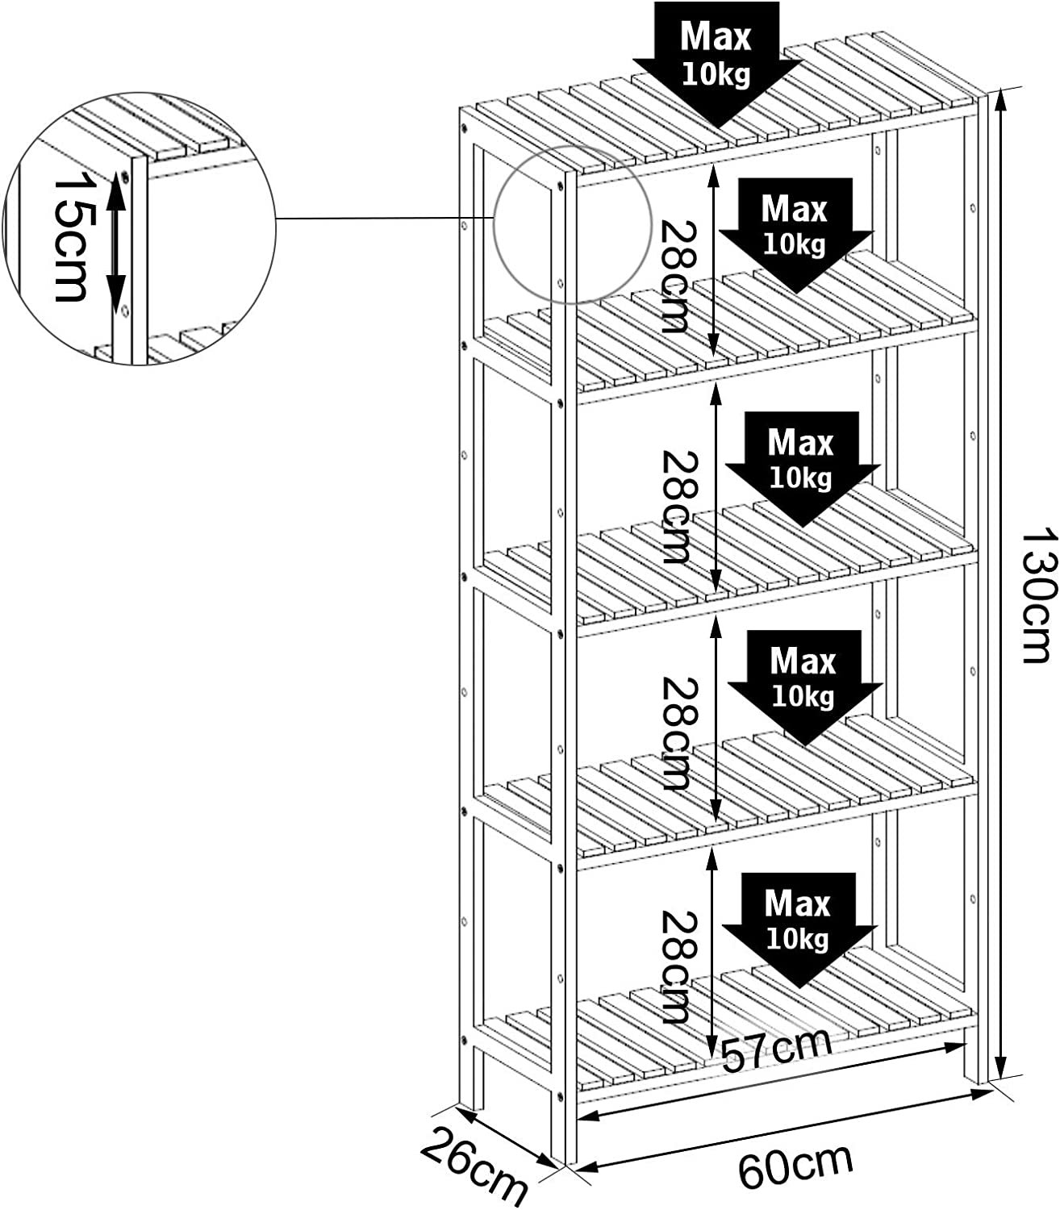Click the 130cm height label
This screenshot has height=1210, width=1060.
[1037, 595]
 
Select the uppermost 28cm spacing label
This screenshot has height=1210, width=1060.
[674, 277]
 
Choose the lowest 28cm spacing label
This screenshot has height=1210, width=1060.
[674, 966]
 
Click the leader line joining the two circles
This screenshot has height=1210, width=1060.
[384, 219]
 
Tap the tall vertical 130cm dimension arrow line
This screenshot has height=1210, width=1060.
[1000, 581]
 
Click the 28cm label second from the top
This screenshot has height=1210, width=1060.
[674, 506]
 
